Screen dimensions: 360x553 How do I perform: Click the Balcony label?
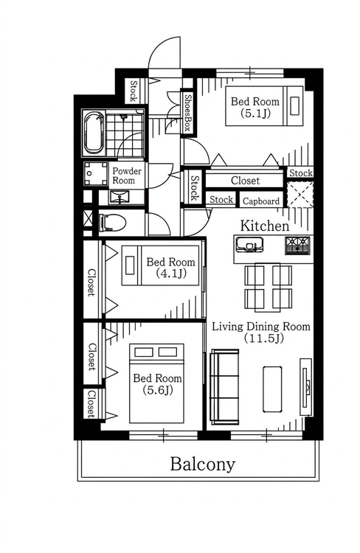click(203, 465)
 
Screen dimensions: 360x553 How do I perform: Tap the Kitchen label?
click(264, 226)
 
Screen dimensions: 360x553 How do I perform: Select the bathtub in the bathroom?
click(94, 133)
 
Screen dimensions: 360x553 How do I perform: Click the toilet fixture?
click(113, 223)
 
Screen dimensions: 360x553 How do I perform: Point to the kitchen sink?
click(250, 244)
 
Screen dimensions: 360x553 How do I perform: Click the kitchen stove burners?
click(297, 245)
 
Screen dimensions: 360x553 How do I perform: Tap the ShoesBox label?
click(188, 113)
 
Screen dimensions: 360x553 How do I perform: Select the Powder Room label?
click(127, 175)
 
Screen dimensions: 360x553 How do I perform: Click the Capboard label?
click(261, 201)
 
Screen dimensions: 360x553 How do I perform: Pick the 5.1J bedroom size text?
click(255, 114)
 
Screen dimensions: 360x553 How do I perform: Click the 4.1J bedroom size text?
click(171, 274)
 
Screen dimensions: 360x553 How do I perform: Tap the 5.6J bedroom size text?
click(158, 390)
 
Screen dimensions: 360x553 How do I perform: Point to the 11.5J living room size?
click(264, 338)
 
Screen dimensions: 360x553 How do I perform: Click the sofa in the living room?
click(224, 387)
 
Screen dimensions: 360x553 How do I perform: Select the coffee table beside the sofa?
click(272, 389)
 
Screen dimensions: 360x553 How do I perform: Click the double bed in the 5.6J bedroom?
click(156, 383)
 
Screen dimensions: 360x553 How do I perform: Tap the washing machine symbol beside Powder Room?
click(95, 173)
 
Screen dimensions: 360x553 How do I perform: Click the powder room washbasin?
click(120, 197)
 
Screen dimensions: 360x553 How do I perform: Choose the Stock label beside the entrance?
click(134, 91)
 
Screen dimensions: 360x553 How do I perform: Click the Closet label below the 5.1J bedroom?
click(245, 181)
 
